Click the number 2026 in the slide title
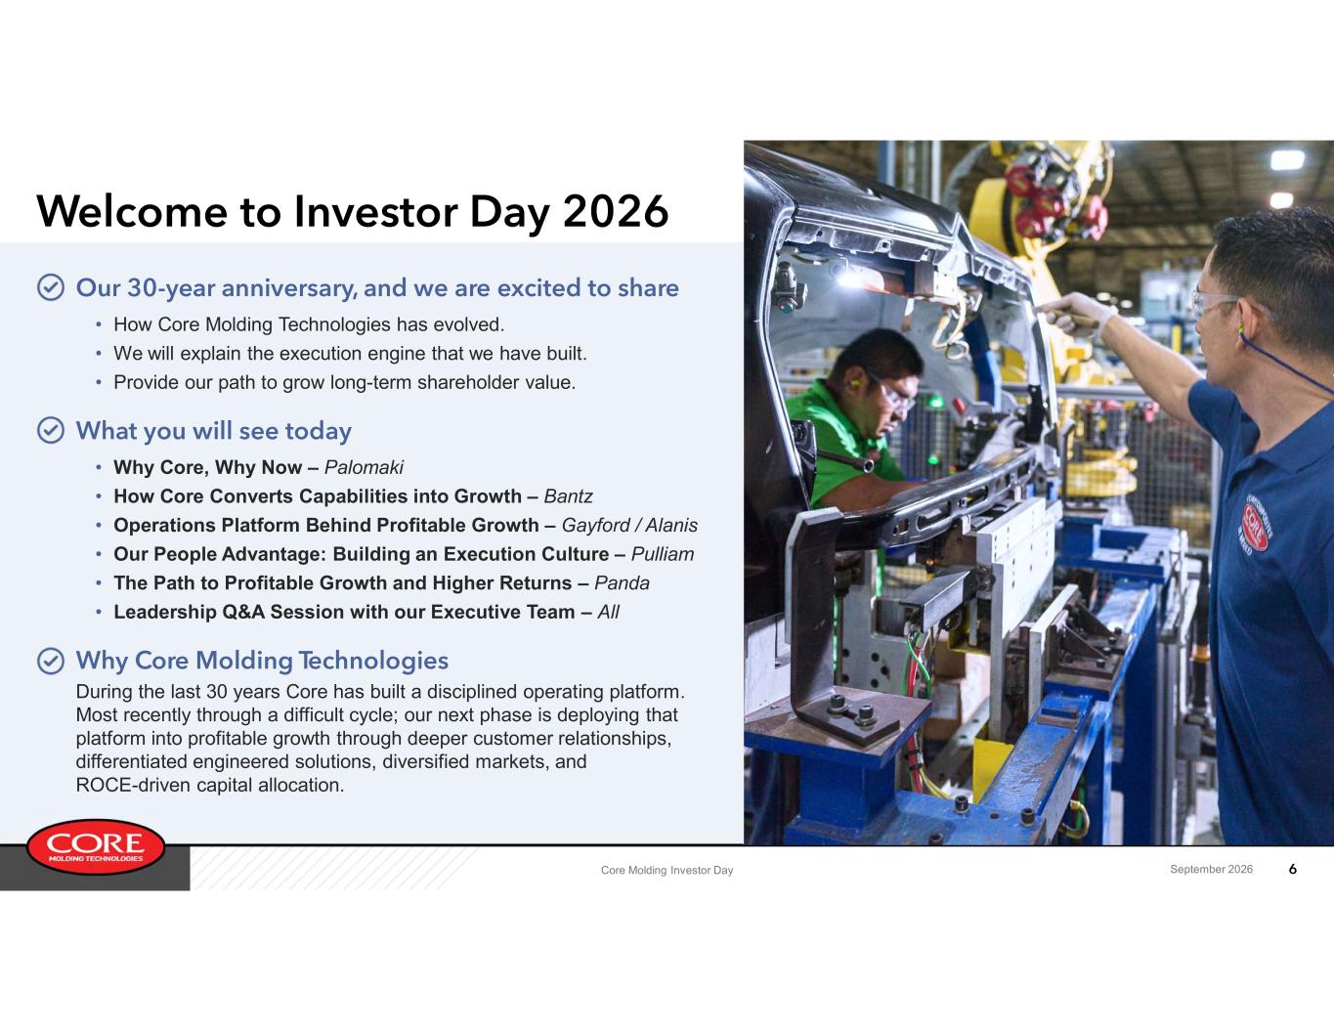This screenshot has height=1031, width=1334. point(615,212)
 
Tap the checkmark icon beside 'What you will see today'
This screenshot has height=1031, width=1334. point(51,430)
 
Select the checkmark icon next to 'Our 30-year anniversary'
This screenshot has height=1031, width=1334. point(51,287)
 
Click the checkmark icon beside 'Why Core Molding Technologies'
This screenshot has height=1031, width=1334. point(51,661)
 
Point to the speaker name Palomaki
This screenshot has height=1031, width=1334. point(364,467)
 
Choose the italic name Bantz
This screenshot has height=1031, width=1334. point(568,495)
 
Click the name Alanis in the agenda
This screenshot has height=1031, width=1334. point(671,525)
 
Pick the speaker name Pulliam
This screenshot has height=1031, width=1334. point(663,553)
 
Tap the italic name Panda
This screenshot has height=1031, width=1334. point(622,582)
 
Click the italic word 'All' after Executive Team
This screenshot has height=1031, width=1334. point(609,611)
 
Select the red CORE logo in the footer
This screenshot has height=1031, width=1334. point(96,846)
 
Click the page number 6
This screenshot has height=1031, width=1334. point(1292,869)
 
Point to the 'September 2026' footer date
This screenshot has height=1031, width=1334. point(1211,869)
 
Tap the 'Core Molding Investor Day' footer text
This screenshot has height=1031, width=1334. point(667,870)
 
